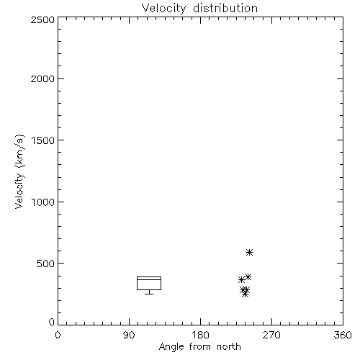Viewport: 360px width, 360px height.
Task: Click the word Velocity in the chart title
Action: point(164,9)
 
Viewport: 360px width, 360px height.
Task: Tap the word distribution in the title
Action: point(225,8)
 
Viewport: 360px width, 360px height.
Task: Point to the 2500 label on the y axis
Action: point(42,19)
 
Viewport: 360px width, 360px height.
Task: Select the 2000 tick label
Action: point(42,78)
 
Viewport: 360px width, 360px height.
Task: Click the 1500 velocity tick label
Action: point(43,140)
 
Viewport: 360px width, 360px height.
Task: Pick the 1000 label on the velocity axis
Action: point(43,202)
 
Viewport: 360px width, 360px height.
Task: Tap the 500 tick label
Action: point(46,264)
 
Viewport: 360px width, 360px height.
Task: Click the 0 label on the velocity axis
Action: point(52,322)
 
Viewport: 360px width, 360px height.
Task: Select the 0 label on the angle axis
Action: point(58,335)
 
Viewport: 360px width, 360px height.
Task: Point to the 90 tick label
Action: point(129,335)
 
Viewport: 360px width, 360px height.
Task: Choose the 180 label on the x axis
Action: point(200,335)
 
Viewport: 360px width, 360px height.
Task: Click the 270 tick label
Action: point(271,335)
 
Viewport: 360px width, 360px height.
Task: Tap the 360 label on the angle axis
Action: point(343,335)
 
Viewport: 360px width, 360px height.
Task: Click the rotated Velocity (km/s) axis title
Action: point(19,171)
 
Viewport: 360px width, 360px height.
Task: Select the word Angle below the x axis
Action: point(171,347)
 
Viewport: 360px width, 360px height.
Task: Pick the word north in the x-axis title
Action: point(229,346)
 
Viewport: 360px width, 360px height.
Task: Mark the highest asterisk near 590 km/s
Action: point(249,252)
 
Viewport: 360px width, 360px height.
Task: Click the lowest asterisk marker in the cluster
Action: point(245,294)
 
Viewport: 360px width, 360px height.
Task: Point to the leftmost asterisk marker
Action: point(241,279)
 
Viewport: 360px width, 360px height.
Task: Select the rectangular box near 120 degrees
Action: point(149,276)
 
